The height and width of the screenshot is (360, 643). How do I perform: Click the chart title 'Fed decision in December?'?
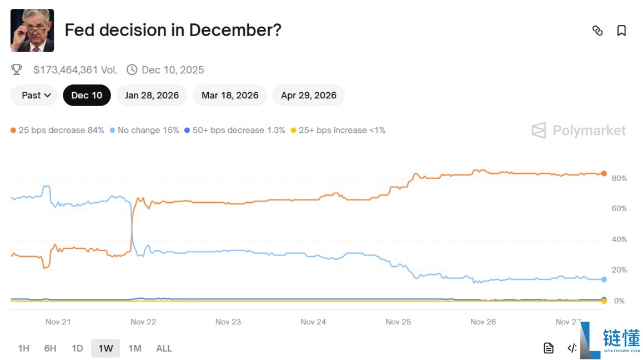point(173,30)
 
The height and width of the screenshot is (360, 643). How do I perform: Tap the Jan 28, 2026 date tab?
point(152,95)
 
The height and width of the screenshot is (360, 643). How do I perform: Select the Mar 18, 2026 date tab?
point(230,95)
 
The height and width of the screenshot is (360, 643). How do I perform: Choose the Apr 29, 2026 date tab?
point(308,95)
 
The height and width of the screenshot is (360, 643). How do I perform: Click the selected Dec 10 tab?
point(87,95)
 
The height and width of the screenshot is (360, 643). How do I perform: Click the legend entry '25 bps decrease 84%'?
point(57,130)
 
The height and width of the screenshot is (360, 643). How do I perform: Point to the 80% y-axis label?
point(619,178)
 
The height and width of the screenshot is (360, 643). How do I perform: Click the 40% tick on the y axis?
point(619,239)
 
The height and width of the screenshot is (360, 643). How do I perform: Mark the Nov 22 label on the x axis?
point(143,322)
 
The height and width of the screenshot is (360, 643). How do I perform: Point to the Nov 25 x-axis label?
point(398,322)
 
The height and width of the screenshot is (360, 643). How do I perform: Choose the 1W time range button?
point(106,348)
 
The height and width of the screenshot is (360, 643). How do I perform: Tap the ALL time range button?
point(164,348)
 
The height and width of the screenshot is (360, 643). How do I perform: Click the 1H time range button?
point(23,348)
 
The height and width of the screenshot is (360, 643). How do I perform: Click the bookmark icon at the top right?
point(621,31)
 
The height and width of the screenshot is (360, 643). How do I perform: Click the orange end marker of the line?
point(604,173)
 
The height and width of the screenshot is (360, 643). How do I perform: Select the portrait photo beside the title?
point(32,31)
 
